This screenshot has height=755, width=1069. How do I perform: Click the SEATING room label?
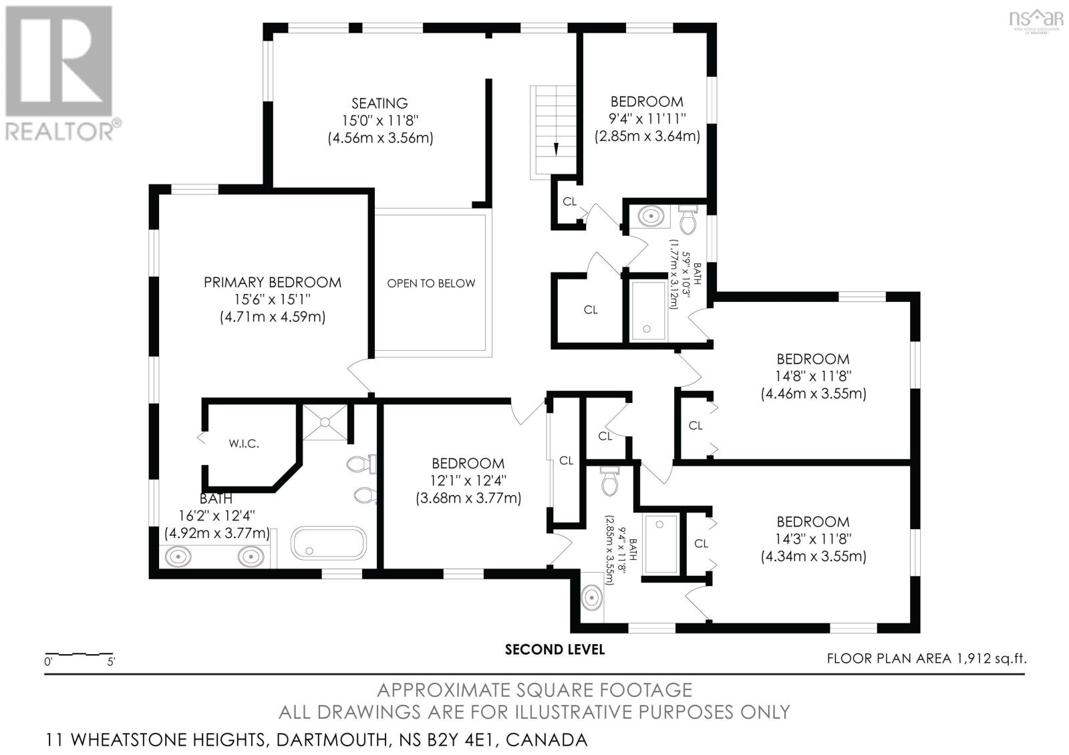[x=379, y=104]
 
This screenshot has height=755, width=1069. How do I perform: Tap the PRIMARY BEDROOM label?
[x=272, y=283]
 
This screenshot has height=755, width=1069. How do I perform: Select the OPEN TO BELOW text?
[x=431, y=283]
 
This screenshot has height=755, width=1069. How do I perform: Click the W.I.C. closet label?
[x=243, y=444]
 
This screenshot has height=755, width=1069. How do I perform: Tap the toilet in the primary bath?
[x=361, y=463]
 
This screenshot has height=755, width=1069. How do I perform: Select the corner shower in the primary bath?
[x=325, y=422]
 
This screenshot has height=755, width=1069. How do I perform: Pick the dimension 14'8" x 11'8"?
[x=812, y=376]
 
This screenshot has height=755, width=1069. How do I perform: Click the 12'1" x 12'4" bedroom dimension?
[x=468, y=480]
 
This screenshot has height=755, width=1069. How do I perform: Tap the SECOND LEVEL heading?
[x=555, y=649]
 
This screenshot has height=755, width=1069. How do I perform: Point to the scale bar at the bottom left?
[x=79, y=654]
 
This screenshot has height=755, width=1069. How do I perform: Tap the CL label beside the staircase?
[x=569, y=201]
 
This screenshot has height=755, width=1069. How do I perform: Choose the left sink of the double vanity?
[x=179, y=556]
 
